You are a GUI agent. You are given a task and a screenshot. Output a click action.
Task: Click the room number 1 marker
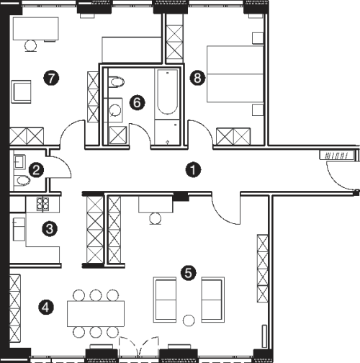click(193, 170)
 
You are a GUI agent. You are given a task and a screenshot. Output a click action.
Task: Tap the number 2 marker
click(36, 170)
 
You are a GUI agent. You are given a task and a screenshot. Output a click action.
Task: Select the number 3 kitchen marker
click(50, 229)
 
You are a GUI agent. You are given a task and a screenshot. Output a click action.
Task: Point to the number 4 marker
click(46, 307)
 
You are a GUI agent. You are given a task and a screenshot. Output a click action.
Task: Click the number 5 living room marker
click(189, 273)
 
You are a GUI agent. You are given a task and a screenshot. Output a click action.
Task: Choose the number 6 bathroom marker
click(137, 103)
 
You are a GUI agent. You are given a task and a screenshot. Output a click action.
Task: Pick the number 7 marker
click(51, 78)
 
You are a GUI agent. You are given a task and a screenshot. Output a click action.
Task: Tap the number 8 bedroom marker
click(197, 78)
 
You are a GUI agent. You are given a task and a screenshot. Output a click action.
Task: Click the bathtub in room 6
click(168, 91)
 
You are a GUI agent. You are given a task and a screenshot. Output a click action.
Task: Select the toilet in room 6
click(116, 82)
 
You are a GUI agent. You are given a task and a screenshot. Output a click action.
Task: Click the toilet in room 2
click(22, 181)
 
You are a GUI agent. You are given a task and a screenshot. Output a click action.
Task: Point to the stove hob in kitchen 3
click(42, 204)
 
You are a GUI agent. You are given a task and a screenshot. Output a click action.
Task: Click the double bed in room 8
click(235, 74)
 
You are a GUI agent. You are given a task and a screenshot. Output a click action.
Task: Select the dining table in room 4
click(96, 313)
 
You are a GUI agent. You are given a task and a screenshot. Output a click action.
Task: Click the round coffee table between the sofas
click(189, 321)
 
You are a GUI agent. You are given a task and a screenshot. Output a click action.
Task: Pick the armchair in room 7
click(21, 91)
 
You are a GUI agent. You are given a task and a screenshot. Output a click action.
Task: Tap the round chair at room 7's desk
click(30, 45)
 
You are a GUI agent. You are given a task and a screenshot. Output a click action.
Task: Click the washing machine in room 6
click(115, 110)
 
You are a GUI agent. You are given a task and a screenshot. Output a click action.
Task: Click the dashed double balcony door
click(139, 346)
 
